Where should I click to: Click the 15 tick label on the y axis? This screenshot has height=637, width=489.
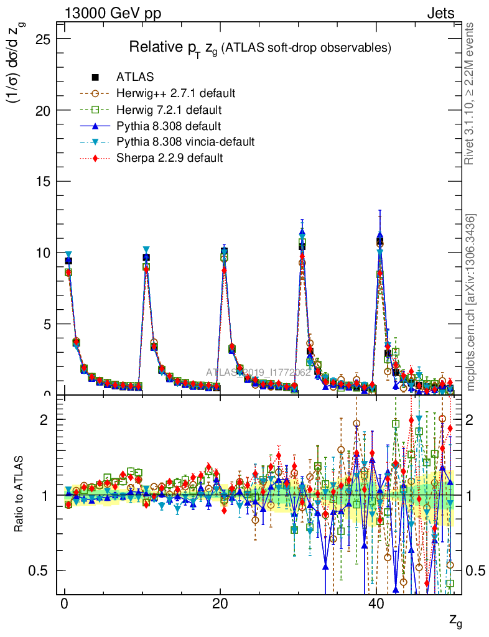(x=42, y=181)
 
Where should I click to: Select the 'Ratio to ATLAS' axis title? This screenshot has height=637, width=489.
(x=19, y=495)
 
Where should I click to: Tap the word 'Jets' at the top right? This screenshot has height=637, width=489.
(x=440, y=13)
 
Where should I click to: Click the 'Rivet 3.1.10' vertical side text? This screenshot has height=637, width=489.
(x=470, y=94)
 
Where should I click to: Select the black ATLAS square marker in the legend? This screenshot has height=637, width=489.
(x=96, y=77)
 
